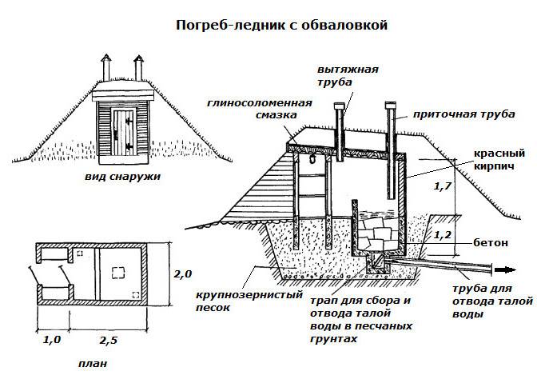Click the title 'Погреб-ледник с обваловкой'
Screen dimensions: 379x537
point(281,26)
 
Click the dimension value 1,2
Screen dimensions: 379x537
point(442,236)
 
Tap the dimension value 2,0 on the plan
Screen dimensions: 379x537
point(184,274)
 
